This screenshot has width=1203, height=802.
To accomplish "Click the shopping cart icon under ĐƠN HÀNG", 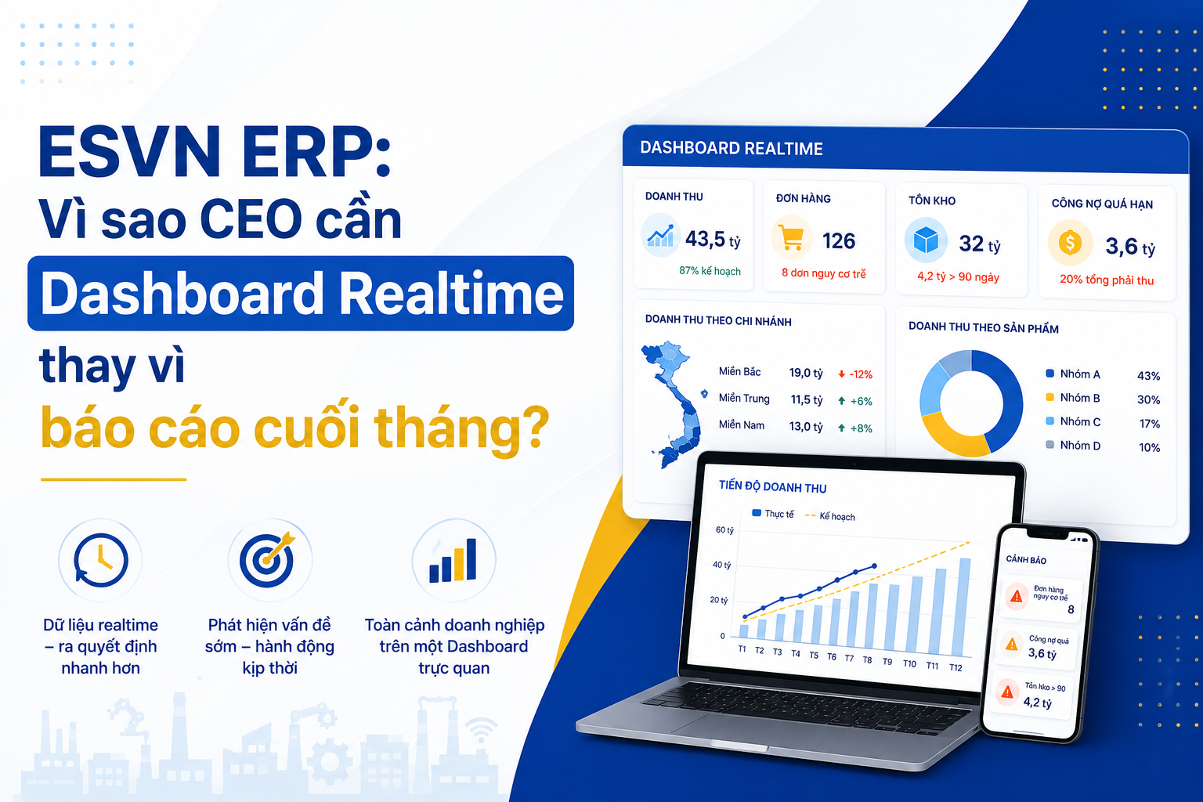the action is [792, 238].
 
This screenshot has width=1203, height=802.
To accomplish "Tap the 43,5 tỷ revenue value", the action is [713, 240].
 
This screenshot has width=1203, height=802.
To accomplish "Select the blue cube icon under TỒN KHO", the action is [926, 240].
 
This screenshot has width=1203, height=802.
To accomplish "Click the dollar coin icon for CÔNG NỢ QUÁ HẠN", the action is [1070, 244].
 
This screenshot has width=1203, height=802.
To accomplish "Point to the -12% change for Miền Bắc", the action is [855, 374].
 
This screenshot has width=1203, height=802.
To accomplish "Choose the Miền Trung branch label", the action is [744, 399].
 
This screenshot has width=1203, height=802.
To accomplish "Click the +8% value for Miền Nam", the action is [855, 428].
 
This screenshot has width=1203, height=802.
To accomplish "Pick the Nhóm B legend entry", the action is [1073, 398].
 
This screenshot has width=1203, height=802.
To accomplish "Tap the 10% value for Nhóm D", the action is [1149, 447].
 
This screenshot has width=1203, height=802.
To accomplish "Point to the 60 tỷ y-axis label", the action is [724, 530].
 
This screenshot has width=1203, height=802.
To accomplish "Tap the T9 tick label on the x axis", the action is [887, 662].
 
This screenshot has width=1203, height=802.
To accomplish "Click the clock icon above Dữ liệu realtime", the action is [100, 560].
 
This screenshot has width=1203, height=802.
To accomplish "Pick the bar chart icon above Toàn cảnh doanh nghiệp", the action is [453, 560].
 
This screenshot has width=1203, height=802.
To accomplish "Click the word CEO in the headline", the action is [252, 220].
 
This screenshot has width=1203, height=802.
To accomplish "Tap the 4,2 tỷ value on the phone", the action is [1037, 702].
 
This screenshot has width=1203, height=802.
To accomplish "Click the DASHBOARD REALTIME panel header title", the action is [731, 148].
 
